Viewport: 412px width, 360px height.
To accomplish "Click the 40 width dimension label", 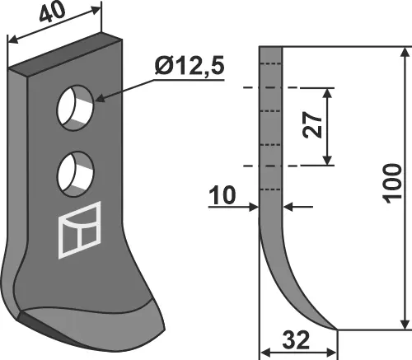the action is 52,12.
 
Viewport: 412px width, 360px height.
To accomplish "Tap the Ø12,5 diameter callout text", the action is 190,66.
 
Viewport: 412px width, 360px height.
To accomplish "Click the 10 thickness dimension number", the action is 222,195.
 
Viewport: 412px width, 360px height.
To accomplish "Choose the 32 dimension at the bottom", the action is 296,340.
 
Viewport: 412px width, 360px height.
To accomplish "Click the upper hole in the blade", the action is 76,107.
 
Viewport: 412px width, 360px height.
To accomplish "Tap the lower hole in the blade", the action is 76,174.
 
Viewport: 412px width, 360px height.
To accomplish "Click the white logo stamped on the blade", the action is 80,230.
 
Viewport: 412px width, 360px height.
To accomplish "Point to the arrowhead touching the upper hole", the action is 100,98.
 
